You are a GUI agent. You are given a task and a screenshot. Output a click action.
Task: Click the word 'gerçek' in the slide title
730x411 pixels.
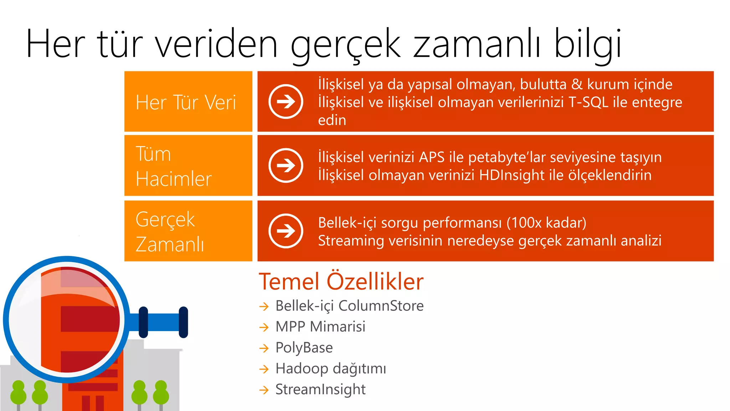[346, 45]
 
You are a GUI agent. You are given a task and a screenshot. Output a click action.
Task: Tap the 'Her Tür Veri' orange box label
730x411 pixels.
[186, 102]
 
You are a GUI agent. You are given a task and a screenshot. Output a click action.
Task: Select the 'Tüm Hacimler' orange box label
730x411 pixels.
[174, 166]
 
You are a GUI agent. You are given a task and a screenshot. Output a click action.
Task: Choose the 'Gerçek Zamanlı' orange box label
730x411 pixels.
[170, 232]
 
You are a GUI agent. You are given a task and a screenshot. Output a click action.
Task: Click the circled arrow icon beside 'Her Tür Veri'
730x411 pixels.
[286, 102]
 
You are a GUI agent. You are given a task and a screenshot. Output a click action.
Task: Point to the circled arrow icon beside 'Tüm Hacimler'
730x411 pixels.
[286, 166]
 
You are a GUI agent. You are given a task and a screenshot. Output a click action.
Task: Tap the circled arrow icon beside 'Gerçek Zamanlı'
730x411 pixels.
[286, 231]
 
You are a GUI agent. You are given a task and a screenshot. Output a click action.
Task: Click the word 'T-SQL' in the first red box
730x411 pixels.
[588, 102]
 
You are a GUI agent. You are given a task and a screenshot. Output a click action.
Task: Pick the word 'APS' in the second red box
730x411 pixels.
[432, 157]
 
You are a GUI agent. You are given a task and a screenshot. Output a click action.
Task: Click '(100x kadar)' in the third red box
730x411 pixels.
[546, 223]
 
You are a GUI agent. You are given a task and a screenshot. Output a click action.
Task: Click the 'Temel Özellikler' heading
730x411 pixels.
[341, 281]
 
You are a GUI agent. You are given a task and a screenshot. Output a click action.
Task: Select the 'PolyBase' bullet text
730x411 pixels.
[304, 347]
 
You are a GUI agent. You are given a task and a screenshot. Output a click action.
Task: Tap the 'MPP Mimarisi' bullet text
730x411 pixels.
[320, 326]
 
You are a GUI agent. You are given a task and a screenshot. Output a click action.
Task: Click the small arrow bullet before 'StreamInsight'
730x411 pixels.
[264, 390]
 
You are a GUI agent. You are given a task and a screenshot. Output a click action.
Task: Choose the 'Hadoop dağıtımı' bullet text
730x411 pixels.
[330, 369]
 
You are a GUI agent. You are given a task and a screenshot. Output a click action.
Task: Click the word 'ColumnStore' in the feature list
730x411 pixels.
[381, 306]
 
